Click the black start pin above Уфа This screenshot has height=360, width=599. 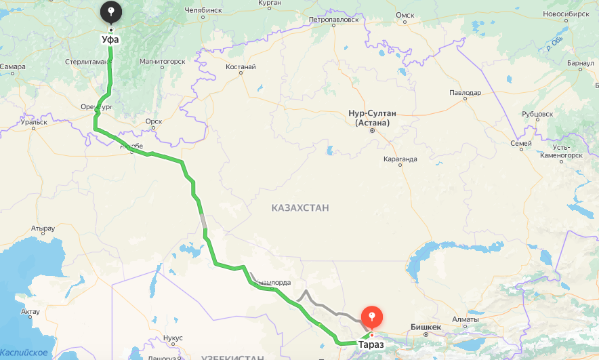pyautogui.click(x=111, y=12)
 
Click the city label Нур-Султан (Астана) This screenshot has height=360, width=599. pyautogui.click(x=372, y=118)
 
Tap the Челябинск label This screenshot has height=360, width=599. pyautogui.click(x=203, y=10)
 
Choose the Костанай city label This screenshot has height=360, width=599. pyautogui.click(x=241, y=66)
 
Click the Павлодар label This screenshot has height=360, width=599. pyautogui.click(x=465, y=93)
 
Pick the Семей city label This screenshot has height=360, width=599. pyautogui.click(x=520, y=144)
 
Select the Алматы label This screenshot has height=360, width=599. pyautogui.click(x=466, y=319)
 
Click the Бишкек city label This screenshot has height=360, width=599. pyautogui.click(x=426, y=327)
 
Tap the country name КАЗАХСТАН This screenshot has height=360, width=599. pyautogui.click(x=299, y=207)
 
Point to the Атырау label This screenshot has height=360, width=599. pyautogui.click(x=43, y=228)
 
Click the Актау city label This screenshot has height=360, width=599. pyautogui.click(x=30, y=312)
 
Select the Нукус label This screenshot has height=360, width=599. pyautogui.click(x=173, y=338)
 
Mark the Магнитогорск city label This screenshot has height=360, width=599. pyautogui.click(x=162, y=61)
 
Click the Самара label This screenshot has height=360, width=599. pyautogui.click(x=13, y=66)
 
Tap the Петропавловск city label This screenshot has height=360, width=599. pyautogui.click(x=333, y=20)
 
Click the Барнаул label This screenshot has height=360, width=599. pyautogui.click(x=581, y=63)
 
